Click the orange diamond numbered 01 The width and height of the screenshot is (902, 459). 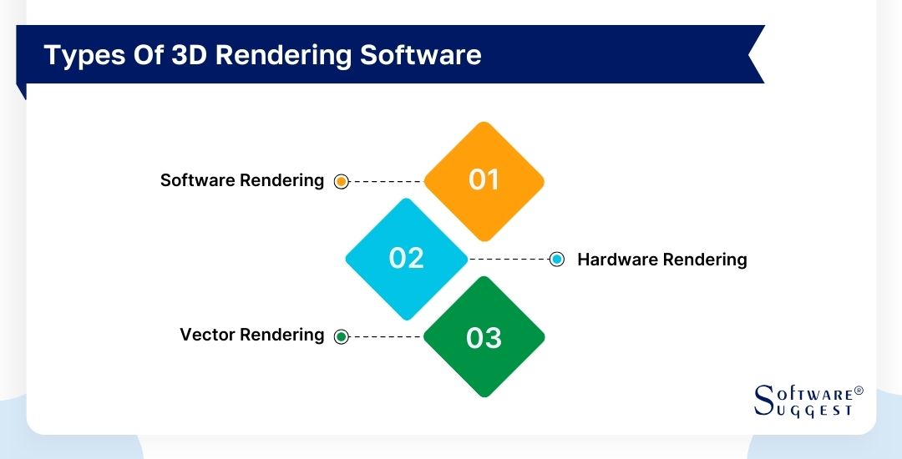484,180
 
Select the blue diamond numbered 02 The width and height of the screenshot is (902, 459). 407,259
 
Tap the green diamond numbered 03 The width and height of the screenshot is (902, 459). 484,337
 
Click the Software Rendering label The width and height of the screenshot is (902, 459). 242,180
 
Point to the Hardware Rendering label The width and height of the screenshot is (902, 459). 661,260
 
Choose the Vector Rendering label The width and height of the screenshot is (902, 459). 251,335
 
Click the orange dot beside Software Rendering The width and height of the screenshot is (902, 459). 341,181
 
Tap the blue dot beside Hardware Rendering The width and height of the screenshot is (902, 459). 557,260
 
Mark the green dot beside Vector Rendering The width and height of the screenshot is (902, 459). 341,337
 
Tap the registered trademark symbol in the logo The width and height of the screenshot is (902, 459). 859,391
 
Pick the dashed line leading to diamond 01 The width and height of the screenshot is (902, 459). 386,181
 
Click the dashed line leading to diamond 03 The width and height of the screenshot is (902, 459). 386,337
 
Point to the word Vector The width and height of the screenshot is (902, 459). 207,335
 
